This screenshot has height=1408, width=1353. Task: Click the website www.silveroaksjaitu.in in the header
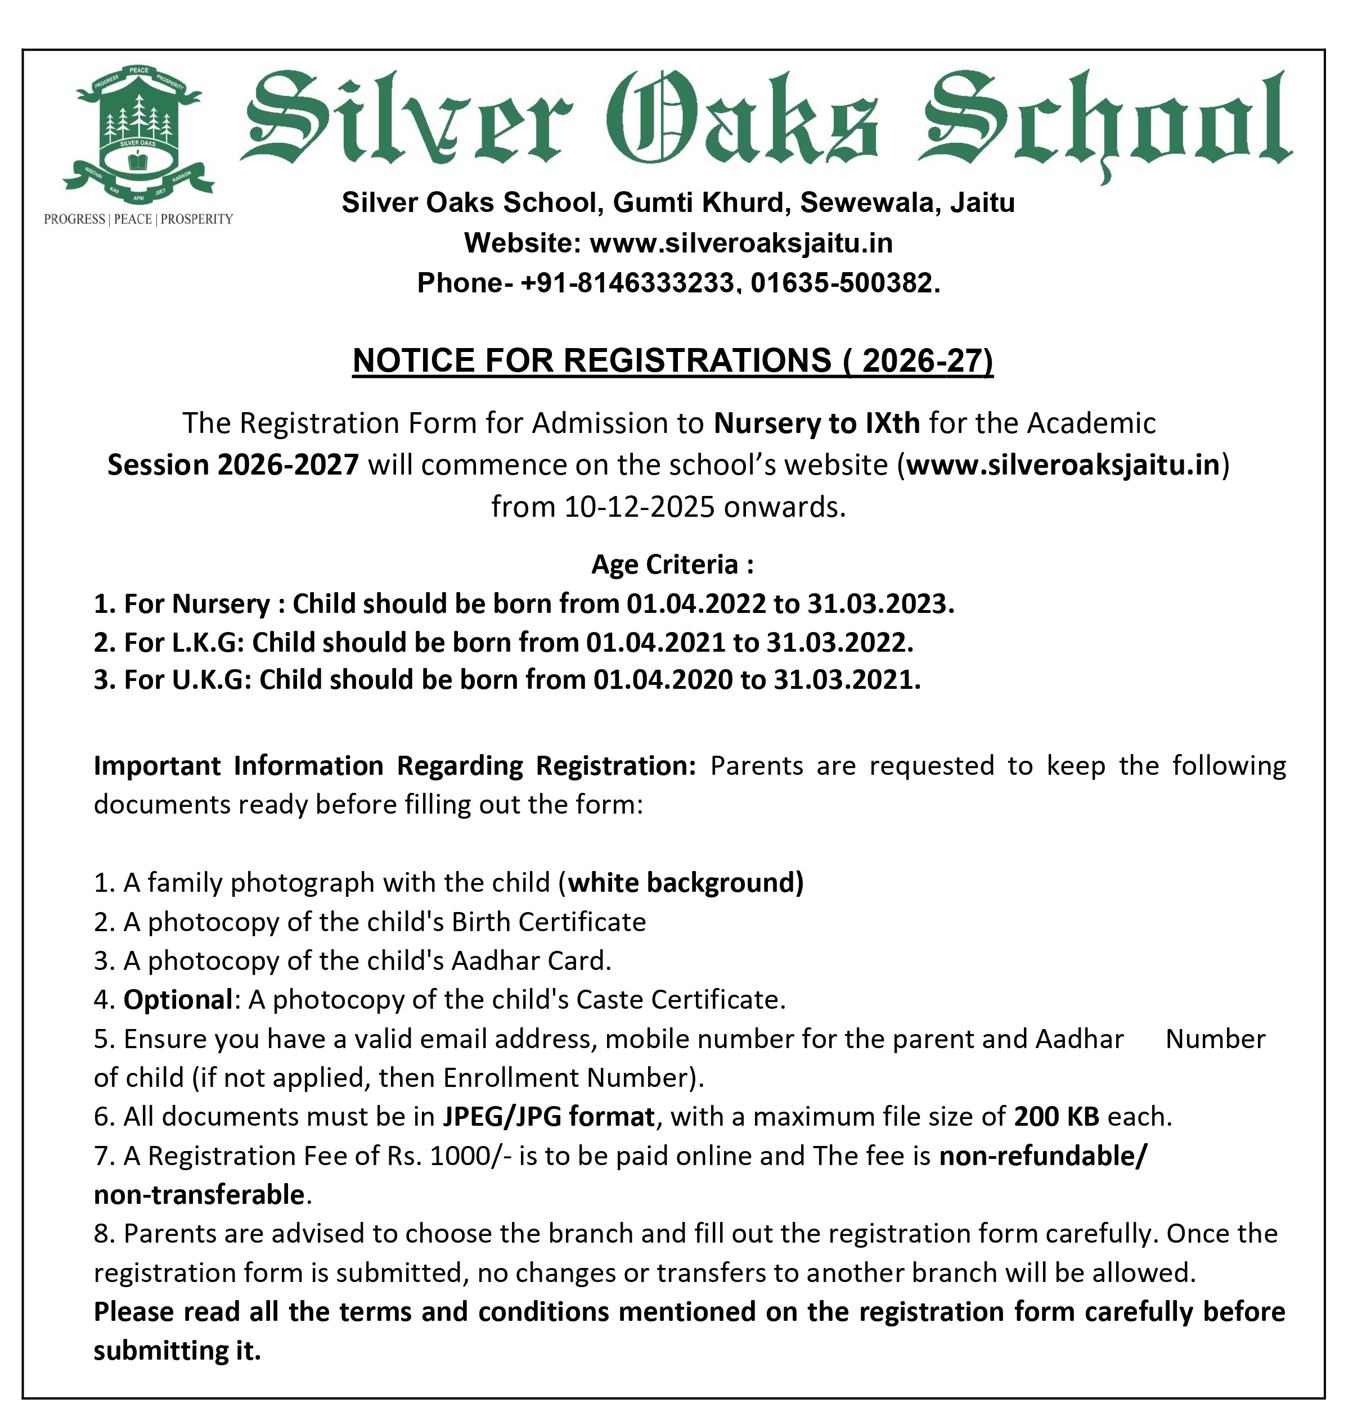741,243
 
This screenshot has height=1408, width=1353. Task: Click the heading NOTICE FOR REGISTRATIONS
672,360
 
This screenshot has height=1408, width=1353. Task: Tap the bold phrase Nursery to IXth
816,423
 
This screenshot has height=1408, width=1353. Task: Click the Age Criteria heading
672,564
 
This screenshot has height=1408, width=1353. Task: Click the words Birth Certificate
549,922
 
